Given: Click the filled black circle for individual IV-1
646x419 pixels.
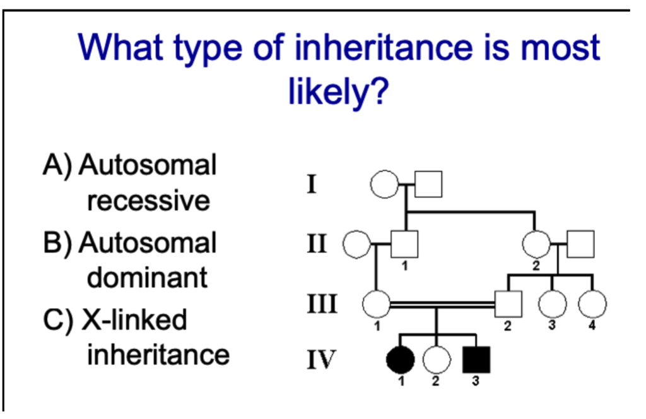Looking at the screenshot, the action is (400, 359).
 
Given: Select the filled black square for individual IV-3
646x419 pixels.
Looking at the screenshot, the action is (476, 359).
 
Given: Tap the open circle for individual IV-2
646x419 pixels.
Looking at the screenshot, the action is (437, 359).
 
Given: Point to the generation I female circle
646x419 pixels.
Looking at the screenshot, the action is (385, 184).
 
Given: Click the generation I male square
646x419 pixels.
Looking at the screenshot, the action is (428, 184).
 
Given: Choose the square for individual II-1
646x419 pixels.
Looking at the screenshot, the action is (404, 244).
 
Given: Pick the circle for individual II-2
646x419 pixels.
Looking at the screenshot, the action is (536, 244).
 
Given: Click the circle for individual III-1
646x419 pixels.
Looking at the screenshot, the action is (377, 304).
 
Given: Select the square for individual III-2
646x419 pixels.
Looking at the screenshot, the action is (508, 304).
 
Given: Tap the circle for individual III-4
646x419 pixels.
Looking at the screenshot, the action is (592, 304).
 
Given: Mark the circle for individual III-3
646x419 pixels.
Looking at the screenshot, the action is (553, 304).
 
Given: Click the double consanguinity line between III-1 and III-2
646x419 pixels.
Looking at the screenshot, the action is (442, 304).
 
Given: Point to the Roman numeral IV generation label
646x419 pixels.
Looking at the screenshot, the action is (321, 360).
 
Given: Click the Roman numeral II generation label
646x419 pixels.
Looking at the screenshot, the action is (317, 244).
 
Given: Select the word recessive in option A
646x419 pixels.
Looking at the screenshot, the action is (148, 201).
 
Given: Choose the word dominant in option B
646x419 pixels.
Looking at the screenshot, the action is (147, 277).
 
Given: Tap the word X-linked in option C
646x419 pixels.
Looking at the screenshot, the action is (134, 319).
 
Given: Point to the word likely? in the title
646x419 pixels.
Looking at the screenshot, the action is (338, 91).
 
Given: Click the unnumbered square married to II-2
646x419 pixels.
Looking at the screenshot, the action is (580, 244).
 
